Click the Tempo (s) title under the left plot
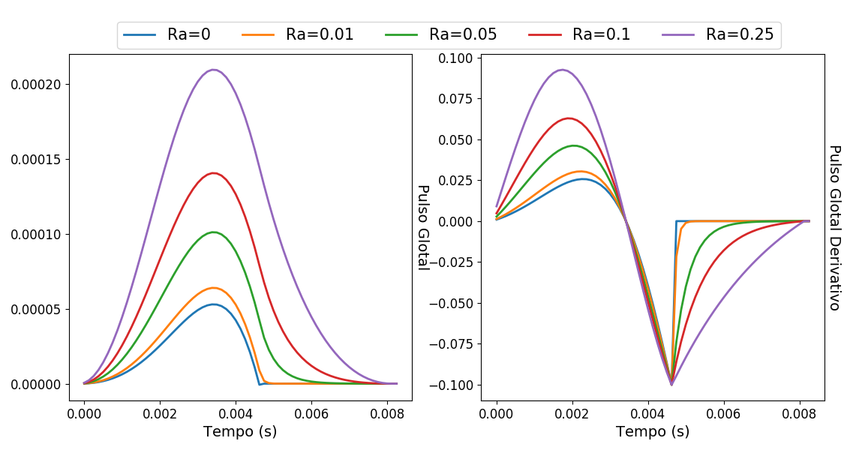point(240,431)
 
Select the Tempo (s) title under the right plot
point(653,431)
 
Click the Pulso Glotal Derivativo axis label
point(833,227)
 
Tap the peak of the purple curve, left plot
point(215,70)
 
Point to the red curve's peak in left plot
point(215,173)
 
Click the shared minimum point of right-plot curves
point(671,385)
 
